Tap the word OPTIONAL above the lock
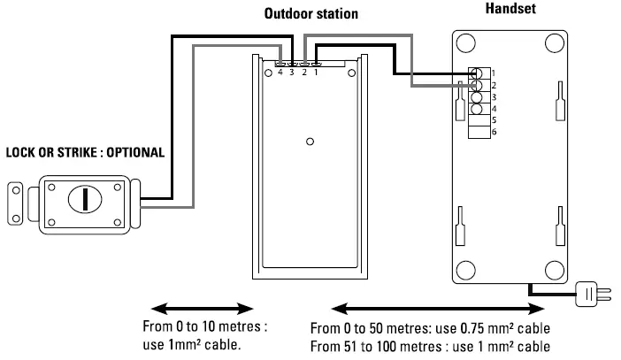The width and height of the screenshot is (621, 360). pyautogui.click(x=134, y=152)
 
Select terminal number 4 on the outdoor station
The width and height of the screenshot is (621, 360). pyautogui.click(x=280, y=72)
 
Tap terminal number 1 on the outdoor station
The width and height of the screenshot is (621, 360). pyautogui.click(x=316, y=72)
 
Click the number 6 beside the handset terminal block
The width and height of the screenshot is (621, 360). pyautogui.click(x=494, y=132)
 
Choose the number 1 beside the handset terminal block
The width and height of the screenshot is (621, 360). pyautogui.click(x=494, y=73)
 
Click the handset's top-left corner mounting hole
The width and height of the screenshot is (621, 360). pyautogui.click(x=467, y=42)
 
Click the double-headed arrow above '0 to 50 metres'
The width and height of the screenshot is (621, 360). pyautogui.click(x=438, y=308)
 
